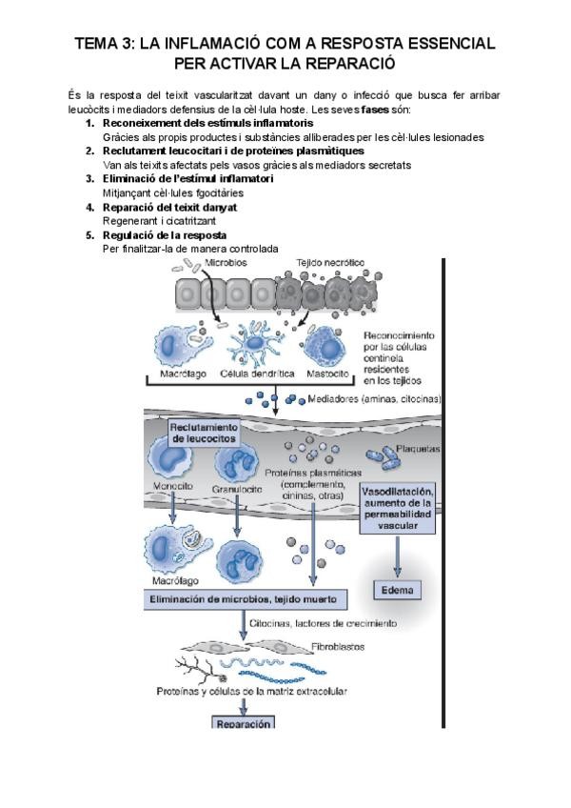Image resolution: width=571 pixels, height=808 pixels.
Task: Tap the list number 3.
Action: (89, 178)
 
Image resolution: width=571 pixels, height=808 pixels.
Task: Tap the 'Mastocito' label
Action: (327, 374)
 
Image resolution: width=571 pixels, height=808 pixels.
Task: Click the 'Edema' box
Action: (397, 590)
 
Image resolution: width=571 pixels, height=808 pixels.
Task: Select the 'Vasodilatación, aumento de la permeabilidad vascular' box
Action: (399, 507)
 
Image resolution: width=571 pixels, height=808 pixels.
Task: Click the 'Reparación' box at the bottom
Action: (244, 723)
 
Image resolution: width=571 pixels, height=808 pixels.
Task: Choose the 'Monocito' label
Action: (173, 487)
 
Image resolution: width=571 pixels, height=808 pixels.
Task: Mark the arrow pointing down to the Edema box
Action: (397, 557)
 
